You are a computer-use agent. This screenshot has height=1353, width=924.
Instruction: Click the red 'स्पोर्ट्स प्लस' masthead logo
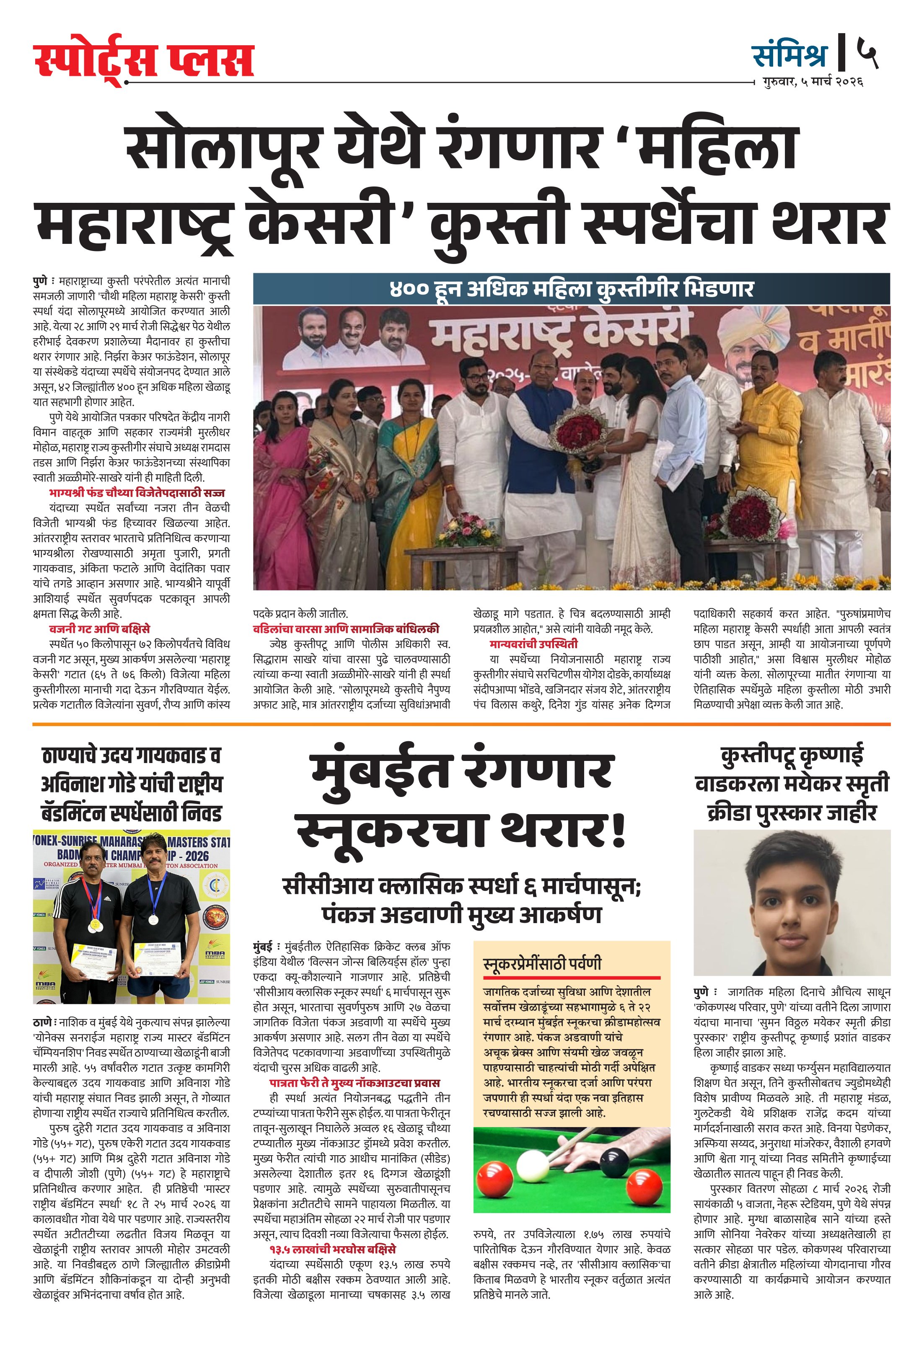(x=143, y=62)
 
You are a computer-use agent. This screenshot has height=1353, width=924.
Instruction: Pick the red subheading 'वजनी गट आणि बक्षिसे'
(x=100, y=629)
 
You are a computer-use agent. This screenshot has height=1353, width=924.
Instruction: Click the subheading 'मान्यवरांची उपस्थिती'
(x=534, y=644)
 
